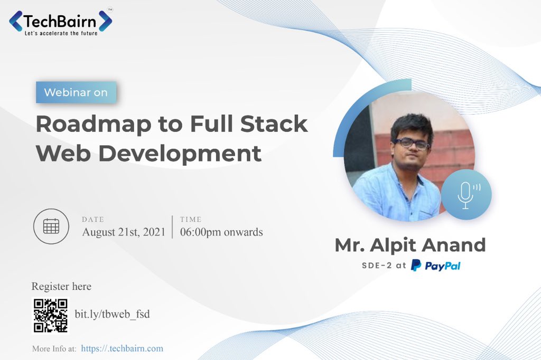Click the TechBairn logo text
pos(59,22)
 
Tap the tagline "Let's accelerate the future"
pos(61,33)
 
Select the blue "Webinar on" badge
pos(76,92)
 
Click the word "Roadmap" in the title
pos(93,125)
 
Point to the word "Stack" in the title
pos(274,124)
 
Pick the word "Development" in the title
pos(180,154)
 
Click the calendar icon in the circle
pos(51,226)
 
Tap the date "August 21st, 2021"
pos(124,232)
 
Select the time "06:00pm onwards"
pos(221,232)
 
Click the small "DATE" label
pos(93,219)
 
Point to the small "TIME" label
pos(191,219)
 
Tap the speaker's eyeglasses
pos(411,143)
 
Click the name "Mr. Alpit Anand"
pos(410,245)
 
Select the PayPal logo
pos(435,266)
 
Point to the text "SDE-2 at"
pos(384,266)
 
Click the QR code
pos(50,316)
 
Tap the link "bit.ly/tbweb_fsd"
pos(113,314)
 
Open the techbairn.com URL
pos(122,348)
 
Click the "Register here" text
pos(61,286)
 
